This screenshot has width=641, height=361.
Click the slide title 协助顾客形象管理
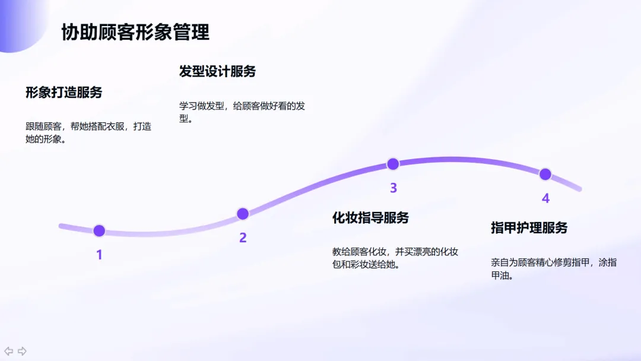tap(135, 32)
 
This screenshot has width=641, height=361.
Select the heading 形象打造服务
tap(64, 93)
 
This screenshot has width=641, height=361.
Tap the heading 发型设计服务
tap(217, 72)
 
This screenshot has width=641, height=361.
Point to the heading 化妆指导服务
tap(370, 218)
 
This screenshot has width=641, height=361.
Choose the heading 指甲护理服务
tap(529, 228)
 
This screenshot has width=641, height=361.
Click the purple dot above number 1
tap(99, 230)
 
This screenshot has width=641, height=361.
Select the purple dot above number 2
tap(243, 214)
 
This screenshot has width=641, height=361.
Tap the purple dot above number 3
tap(393, 164)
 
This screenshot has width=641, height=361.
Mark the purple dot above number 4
tap(545, 174)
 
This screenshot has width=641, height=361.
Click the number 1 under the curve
tap(99, 255)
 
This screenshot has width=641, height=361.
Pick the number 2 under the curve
tap(243, 238)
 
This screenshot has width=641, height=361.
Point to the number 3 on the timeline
tap(393, 188)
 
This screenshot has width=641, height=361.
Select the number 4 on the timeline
tap(545, 198)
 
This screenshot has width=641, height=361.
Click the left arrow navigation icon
tap(9, 351)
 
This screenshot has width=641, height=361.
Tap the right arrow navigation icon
tap(22, 351)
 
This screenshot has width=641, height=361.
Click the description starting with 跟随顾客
tap(88, 133)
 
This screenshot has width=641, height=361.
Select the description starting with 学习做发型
tap(242, 112)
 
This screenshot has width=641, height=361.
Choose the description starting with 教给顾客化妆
tap(395, 258)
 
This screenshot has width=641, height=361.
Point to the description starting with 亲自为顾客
tap(553, 268)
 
